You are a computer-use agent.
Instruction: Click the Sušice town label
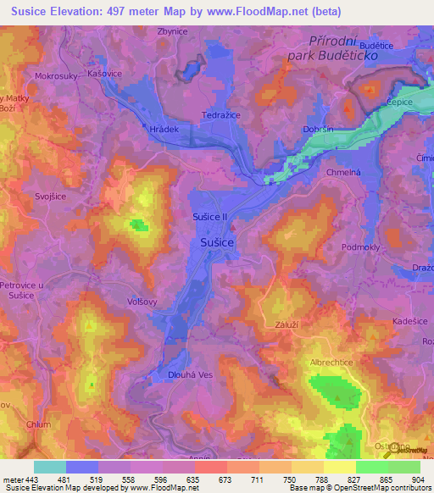coord(217,242)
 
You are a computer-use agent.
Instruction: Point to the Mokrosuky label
coord(56,75)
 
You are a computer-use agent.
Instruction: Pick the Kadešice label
coord(411,322)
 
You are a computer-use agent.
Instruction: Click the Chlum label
coord(38,424)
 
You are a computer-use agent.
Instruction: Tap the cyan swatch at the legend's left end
coord(49,467)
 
